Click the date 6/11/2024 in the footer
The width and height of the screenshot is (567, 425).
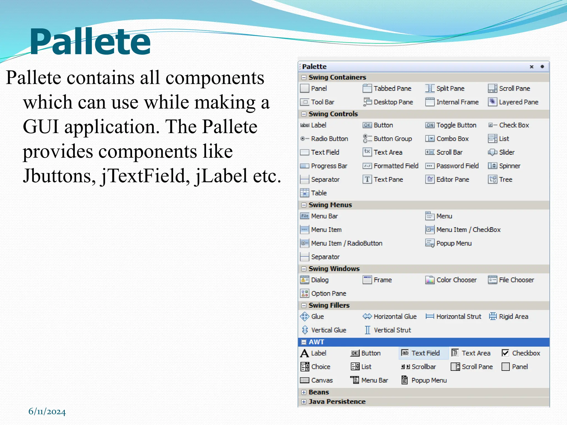click(47, 411)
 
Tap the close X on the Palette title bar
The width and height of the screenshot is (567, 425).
click(531, 67)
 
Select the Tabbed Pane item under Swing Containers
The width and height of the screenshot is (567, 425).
click(392, 89)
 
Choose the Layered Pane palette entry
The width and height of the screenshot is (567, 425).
click(518, 102)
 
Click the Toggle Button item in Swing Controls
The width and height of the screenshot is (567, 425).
click(456, 125)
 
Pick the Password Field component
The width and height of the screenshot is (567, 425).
click(457, 166)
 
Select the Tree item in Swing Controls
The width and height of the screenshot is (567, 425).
click(505, 179)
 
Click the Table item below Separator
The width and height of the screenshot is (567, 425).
click(318, 193)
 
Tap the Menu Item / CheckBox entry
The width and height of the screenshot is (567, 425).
click(468, 230)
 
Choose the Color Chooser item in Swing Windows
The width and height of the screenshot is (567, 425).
click(456, 280)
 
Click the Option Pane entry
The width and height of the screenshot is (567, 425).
click(328, 294)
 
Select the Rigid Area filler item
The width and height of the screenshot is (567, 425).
click(513, 317)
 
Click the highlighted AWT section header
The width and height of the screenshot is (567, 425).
click(316, 342)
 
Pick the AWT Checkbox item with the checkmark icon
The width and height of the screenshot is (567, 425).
click(526, 353)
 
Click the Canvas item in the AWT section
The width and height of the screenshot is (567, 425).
click(321, 380)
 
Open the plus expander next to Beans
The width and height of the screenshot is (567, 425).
click(304, 392)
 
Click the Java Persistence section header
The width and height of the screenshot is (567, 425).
click(337, 402)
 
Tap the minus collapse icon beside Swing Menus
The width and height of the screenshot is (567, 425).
click(304, 205)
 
